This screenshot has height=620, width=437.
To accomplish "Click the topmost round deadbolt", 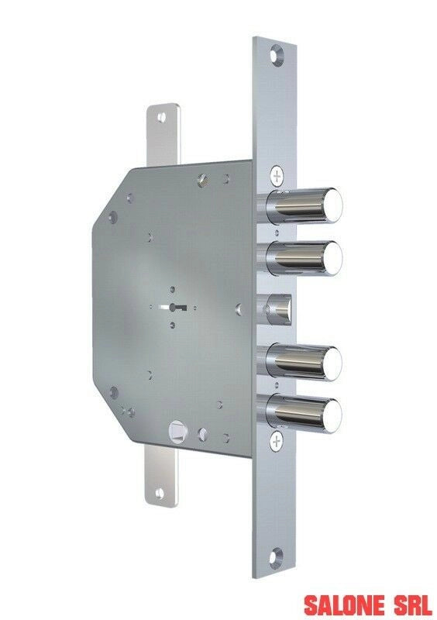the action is (302, 206).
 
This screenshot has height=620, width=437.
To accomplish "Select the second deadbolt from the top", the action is (302, 259).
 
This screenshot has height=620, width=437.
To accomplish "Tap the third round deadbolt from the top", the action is (301, 362).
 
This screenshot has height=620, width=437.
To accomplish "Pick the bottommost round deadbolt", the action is (301, 414).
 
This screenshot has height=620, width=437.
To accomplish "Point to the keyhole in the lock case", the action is (173, 307).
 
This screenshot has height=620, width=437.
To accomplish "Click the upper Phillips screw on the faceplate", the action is (277, 175).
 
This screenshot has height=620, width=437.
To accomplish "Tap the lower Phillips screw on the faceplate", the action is (277, 441).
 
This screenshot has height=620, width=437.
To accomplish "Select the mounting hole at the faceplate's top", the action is (276, 54).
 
